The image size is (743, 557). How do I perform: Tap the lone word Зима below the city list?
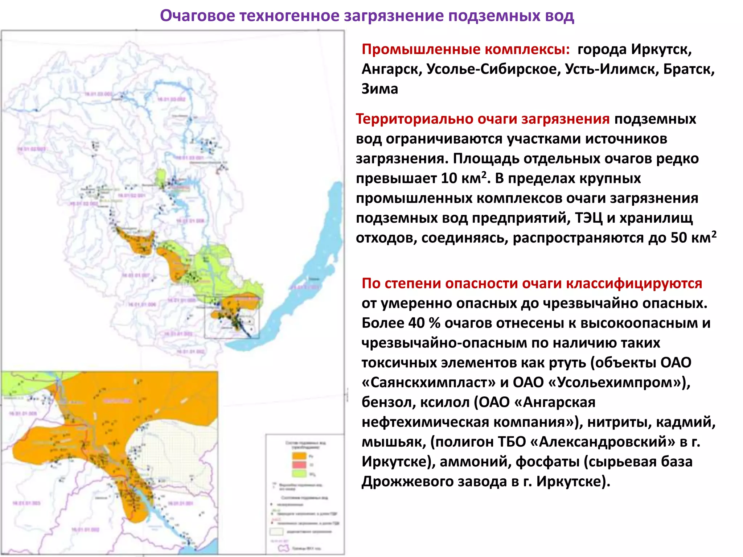click(x=379, y=89)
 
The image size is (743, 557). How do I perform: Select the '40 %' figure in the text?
click(x=421, y=323)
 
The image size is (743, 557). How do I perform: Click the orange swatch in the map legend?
click(x=299, y=456)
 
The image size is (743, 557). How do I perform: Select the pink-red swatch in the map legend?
click(x=299, y=465)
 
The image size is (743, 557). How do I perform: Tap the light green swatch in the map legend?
click(x=299, y=474)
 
